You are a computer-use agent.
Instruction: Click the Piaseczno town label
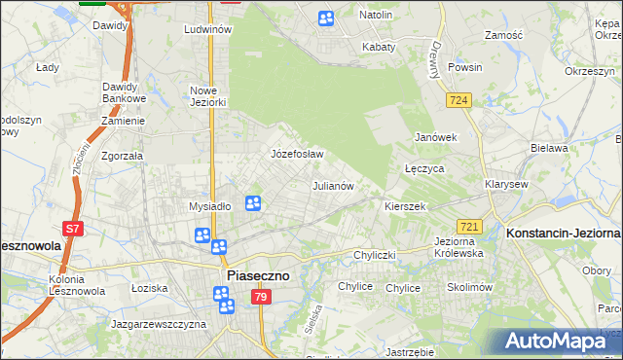(258, 275)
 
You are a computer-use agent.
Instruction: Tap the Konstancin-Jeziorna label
(564, 234)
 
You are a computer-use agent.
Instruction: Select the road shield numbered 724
(459, 100)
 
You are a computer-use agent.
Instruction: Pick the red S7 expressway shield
(73, 230)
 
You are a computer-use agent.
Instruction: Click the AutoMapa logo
(562, 342)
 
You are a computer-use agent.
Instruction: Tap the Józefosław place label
(296, 154)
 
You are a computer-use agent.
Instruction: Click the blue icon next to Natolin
(326, 18)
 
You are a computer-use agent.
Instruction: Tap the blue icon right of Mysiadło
(253, 203)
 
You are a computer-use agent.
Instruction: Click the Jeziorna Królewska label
(458, 246)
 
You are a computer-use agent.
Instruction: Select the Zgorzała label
(123, 155)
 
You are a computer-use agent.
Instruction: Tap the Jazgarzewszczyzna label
(159, 322)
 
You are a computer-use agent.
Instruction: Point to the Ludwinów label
(207, 30)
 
